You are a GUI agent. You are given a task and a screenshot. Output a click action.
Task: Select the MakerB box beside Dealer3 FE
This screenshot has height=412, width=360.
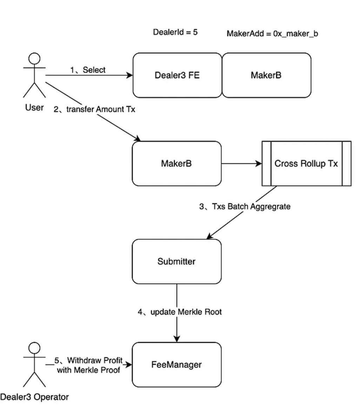pyautogui.click(x=266, y=75)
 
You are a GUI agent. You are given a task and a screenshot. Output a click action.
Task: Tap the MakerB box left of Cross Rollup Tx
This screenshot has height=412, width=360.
pyautogui.click(x=176, y=163)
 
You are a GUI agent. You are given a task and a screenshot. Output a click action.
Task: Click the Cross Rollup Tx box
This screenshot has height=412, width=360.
pyautogui.click(x=306, y=163)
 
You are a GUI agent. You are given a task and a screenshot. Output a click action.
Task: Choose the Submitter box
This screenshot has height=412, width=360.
pyautogui.click(x=176, y=261)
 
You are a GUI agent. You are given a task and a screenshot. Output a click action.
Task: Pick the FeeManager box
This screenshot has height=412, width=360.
pyautogui.click(x=176, y=365)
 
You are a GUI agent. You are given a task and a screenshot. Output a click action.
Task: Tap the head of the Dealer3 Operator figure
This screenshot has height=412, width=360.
pyautogui.click(x=34, y=348)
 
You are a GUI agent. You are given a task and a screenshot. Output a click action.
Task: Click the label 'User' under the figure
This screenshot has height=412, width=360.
pyautogui.click(x=34, y=107)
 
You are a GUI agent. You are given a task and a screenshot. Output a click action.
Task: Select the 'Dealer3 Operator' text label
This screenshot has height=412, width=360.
pyautogui.click(x=34, y=397)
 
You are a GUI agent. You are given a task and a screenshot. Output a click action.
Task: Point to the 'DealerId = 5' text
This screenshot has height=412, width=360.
pyautogui.click(x=175, y=32)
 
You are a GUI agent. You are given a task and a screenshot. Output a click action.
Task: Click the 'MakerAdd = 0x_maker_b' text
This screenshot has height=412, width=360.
pyautogui.click(x=272, y=34)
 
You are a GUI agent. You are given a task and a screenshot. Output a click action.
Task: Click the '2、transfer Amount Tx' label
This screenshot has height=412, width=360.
pyautogui.click(x=94, y=109)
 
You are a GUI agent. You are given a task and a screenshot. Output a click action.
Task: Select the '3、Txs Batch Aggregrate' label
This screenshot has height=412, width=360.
pyautogui.click(x=245, y=206)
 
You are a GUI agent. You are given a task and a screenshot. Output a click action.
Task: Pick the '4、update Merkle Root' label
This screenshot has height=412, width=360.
pyautogui.click(x=179, y=312)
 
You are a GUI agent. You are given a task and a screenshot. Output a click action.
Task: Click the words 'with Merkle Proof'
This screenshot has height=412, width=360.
pyautogui.click(x=88, y=370)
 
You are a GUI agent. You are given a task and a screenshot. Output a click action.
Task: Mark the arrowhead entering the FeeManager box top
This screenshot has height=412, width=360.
pyautogui.click(x=177, y=339)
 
